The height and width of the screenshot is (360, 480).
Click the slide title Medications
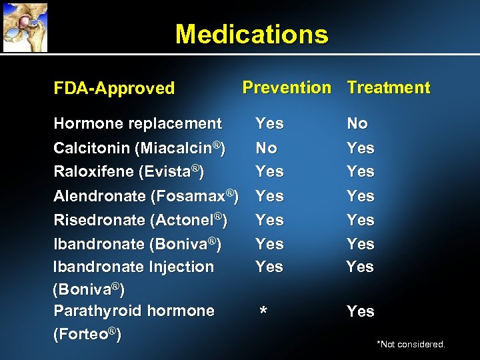pyautogui.click(x=251, y=34)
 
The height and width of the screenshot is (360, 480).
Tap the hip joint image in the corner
pyautogui.click(x=24, y=26)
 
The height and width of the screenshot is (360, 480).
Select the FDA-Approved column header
pyautogui.click(x=114, y=88)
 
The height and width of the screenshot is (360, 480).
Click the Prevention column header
pyautogui.click(x=287, y=87)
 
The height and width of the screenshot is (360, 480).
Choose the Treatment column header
pyautogui.click(x=389, y=87)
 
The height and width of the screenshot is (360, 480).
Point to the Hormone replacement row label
pyautogui.click(x=137, y=123)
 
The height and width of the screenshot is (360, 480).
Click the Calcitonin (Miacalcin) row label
pyautogui.click(x=139, y=147)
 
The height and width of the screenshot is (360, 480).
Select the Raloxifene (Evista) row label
pyautogui.click(x=129, y=171)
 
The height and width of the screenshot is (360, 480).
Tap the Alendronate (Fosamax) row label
pyautogui.click(x=146, y=196)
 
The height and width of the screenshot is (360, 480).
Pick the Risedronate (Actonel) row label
pyautogui.click(x=140, y=220)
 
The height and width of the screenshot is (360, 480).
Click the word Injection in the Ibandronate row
pyautogui.click(x=182, y=267)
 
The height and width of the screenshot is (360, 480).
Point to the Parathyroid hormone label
pyautogui.click(x=134, y=311)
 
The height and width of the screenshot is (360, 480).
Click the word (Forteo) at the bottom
pyautogui.click(x=87, y=334)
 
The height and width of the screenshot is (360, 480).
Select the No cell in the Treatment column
pyautogui.click(x=357, y=123)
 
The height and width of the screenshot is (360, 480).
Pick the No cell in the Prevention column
pyautogui.click(x=267, y=147)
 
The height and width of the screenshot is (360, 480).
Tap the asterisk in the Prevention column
pyautogui.click(x=264, y=313)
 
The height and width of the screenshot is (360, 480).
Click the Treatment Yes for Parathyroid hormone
pyautogui.click(x=361, y=311)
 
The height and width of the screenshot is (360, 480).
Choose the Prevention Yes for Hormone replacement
pyautogui.click(x=270, y=123)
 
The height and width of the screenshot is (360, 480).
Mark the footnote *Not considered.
pyautogui.click(x=411, y=344)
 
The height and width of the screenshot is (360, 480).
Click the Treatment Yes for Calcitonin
pyautogui.click(x=361, y=147)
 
